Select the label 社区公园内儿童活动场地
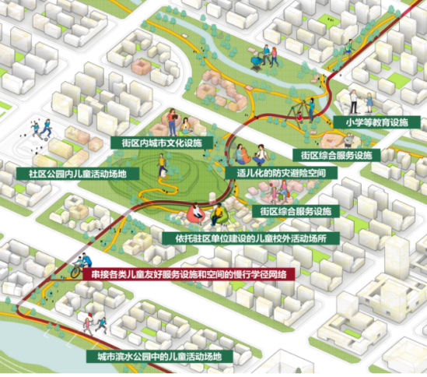coord(77,172)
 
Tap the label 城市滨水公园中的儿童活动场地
coord(159,357)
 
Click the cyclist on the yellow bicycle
coord(83,262)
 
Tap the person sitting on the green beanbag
coord(219,211)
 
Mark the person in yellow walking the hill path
coord(162,164)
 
